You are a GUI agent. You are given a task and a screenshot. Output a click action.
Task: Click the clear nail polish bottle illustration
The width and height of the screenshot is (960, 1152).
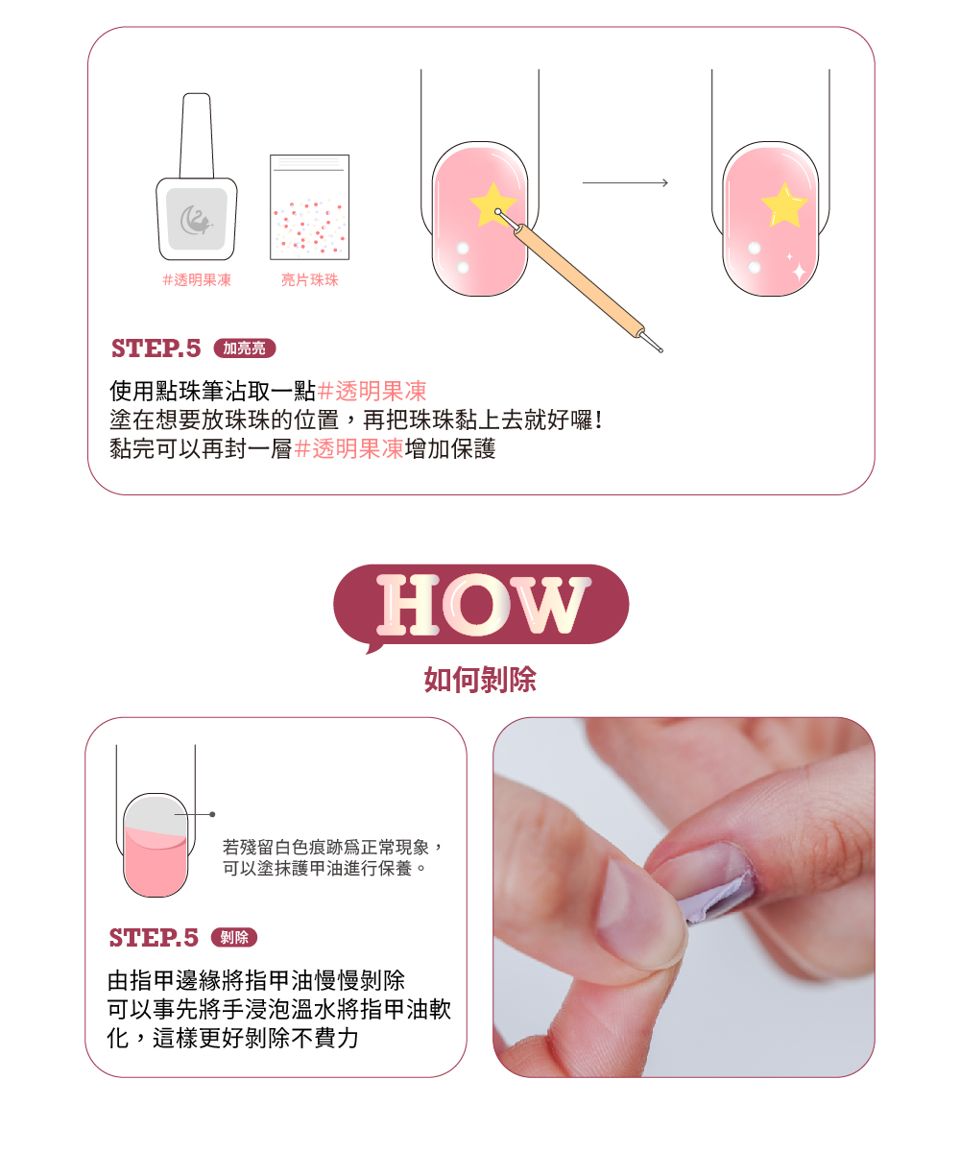(197, 177)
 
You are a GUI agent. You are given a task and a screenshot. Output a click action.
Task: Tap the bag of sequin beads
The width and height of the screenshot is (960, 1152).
(309, 207)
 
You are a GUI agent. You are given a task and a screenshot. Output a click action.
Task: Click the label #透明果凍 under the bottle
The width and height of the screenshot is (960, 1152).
(197, 280)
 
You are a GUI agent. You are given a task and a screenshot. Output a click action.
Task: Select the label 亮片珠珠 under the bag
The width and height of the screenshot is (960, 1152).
(309, 280)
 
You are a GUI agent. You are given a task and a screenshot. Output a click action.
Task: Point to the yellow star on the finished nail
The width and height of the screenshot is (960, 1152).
(783, 205)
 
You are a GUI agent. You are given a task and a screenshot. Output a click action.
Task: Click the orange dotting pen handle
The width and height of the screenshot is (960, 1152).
(578, 280)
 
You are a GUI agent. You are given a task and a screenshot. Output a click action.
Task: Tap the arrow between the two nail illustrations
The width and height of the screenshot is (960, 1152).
(625, 182)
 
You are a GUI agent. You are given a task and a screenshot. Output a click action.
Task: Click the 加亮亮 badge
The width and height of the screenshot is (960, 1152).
(245, 348)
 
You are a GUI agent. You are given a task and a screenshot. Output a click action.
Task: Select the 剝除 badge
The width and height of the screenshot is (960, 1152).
(234, 937)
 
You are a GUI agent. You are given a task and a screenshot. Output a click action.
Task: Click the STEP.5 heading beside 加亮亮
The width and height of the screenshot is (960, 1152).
(156, 348)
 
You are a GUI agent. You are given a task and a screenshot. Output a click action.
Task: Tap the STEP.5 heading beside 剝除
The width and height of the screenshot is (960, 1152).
(154, 938)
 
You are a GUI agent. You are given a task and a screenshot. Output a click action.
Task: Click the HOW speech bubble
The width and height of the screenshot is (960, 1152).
(481, 605)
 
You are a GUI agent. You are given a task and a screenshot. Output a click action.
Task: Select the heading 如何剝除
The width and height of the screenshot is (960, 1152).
(480, 679)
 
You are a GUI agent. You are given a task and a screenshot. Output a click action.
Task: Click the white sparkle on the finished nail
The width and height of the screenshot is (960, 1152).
(798, 272)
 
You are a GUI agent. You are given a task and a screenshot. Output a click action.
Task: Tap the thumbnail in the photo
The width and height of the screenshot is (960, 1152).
(640, 910)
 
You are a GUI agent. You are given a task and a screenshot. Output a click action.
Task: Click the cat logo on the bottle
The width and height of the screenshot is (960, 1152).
(197, 220)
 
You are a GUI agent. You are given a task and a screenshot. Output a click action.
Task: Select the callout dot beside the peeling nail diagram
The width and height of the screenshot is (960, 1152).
(213, 814)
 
